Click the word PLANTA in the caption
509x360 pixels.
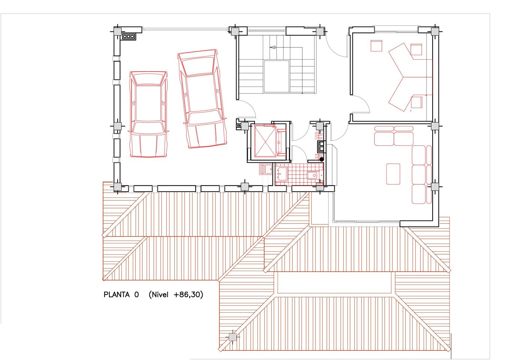[x=117, y=295]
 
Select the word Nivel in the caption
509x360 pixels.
[x=160, y=295]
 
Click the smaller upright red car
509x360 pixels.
[x=148, y=114]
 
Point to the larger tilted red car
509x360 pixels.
[x=202, y=99]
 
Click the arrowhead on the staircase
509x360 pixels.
[x=273, y=48]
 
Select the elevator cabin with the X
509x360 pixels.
[x=265, y=141]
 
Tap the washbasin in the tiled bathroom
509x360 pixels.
[x=282, y=174]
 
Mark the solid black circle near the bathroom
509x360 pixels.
[x=322, y=159]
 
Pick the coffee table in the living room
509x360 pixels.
[x=393, y=174]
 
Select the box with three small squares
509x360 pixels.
[x=129, y=36]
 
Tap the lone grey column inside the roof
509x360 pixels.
[x=232, y=337]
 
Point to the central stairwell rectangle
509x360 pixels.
[x=276, y=76]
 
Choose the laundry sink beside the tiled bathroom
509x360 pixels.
[x=265, y=169]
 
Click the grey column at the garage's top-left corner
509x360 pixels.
[x=117, y=31]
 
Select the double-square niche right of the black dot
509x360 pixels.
[x=322, y=146]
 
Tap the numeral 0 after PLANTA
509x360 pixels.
[x=136, y=295]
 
